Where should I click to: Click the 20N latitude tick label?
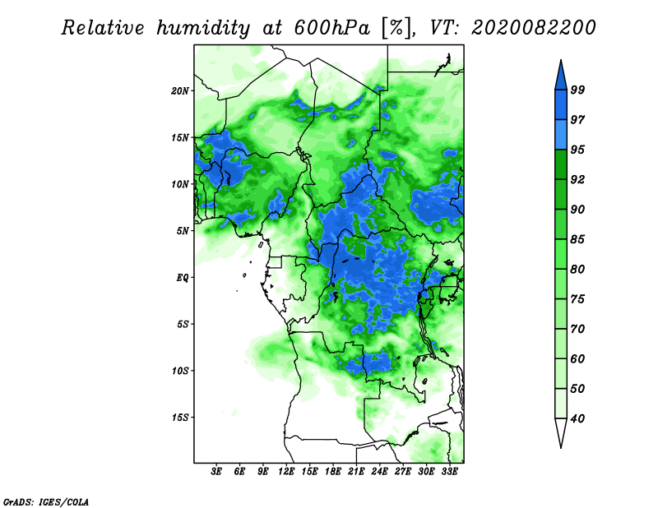[180, 90]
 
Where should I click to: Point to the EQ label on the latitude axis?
[182, 277]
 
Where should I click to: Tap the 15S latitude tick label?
[180, 417]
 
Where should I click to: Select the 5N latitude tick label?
[183, 231]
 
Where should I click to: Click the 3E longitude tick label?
[217, 472]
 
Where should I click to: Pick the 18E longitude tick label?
[333, 472]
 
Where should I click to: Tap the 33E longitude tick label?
[449, 472]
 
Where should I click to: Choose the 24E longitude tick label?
[379, 472]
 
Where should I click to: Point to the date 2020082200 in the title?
[534, 28]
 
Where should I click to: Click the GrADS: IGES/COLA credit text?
[45, 501]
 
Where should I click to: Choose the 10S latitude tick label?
[180, 371]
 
